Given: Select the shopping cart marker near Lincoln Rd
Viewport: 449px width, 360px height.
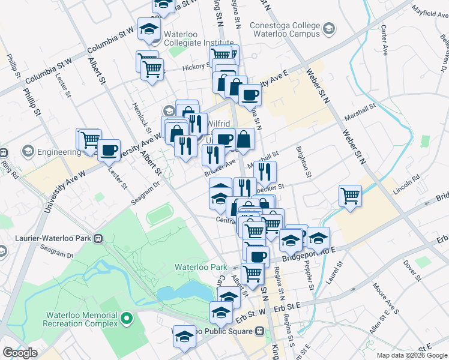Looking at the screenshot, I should pyautogui.click(x=350, y=196).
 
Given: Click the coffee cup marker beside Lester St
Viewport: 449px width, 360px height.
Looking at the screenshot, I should pyautogui.click(x=109, y=150).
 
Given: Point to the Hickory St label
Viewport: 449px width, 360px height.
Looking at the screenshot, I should pyautogui.click(x=196, y=67).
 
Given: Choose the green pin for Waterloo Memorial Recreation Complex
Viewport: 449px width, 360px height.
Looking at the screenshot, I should pyautogui.click(x=126, y=317).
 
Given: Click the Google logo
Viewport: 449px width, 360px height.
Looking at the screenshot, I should pyautogui.click(x=20, y=352).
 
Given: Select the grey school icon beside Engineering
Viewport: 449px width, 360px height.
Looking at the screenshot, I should pyautogui.click(x=28, y=151).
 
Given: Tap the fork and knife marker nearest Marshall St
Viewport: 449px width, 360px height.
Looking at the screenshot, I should pyautogui.click(x=265, y=171).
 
